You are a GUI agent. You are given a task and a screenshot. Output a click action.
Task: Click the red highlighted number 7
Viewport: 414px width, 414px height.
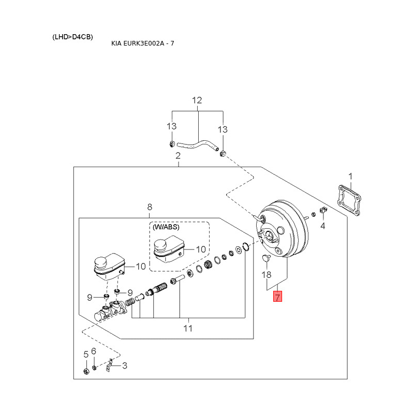[x=278, y=297]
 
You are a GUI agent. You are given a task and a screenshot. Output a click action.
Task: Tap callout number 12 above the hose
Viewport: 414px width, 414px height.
[x=197, y=100]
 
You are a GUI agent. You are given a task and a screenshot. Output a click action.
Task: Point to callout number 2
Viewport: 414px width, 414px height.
[x=178, y=156]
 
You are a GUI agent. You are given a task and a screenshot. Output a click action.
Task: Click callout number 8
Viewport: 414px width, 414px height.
[x=150, y=207]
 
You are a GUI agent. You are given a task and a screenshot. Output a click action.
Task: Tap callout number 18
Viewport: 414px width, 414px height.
[x=267, y=274]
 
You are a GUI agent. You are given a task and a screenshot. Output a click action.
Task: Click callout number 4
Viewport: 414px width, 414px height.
[x=322, y=226]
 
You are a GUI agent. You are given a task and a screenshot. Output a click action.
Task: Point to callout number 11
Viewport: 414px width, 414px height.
[x=188, y=328]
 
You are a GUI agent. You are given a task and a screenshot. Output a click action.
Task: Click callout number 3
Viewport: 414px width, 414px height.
[x=124, y=365]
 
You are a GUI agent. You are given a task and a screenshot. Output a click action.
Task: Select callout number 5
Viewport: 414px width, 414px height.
[x=86, y=354]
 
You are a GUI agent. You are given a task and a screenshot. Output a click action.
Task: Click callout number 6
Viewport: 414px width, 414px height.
[x=94, y=351]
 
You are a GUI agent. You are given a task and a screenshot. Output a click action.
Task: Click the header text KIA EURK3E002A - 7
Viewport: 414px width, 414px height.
[x=143, y=43]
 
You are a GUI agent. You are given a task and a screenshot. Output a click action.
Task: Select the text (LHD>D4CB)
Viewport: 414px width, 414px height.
[x=72, y=37]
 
